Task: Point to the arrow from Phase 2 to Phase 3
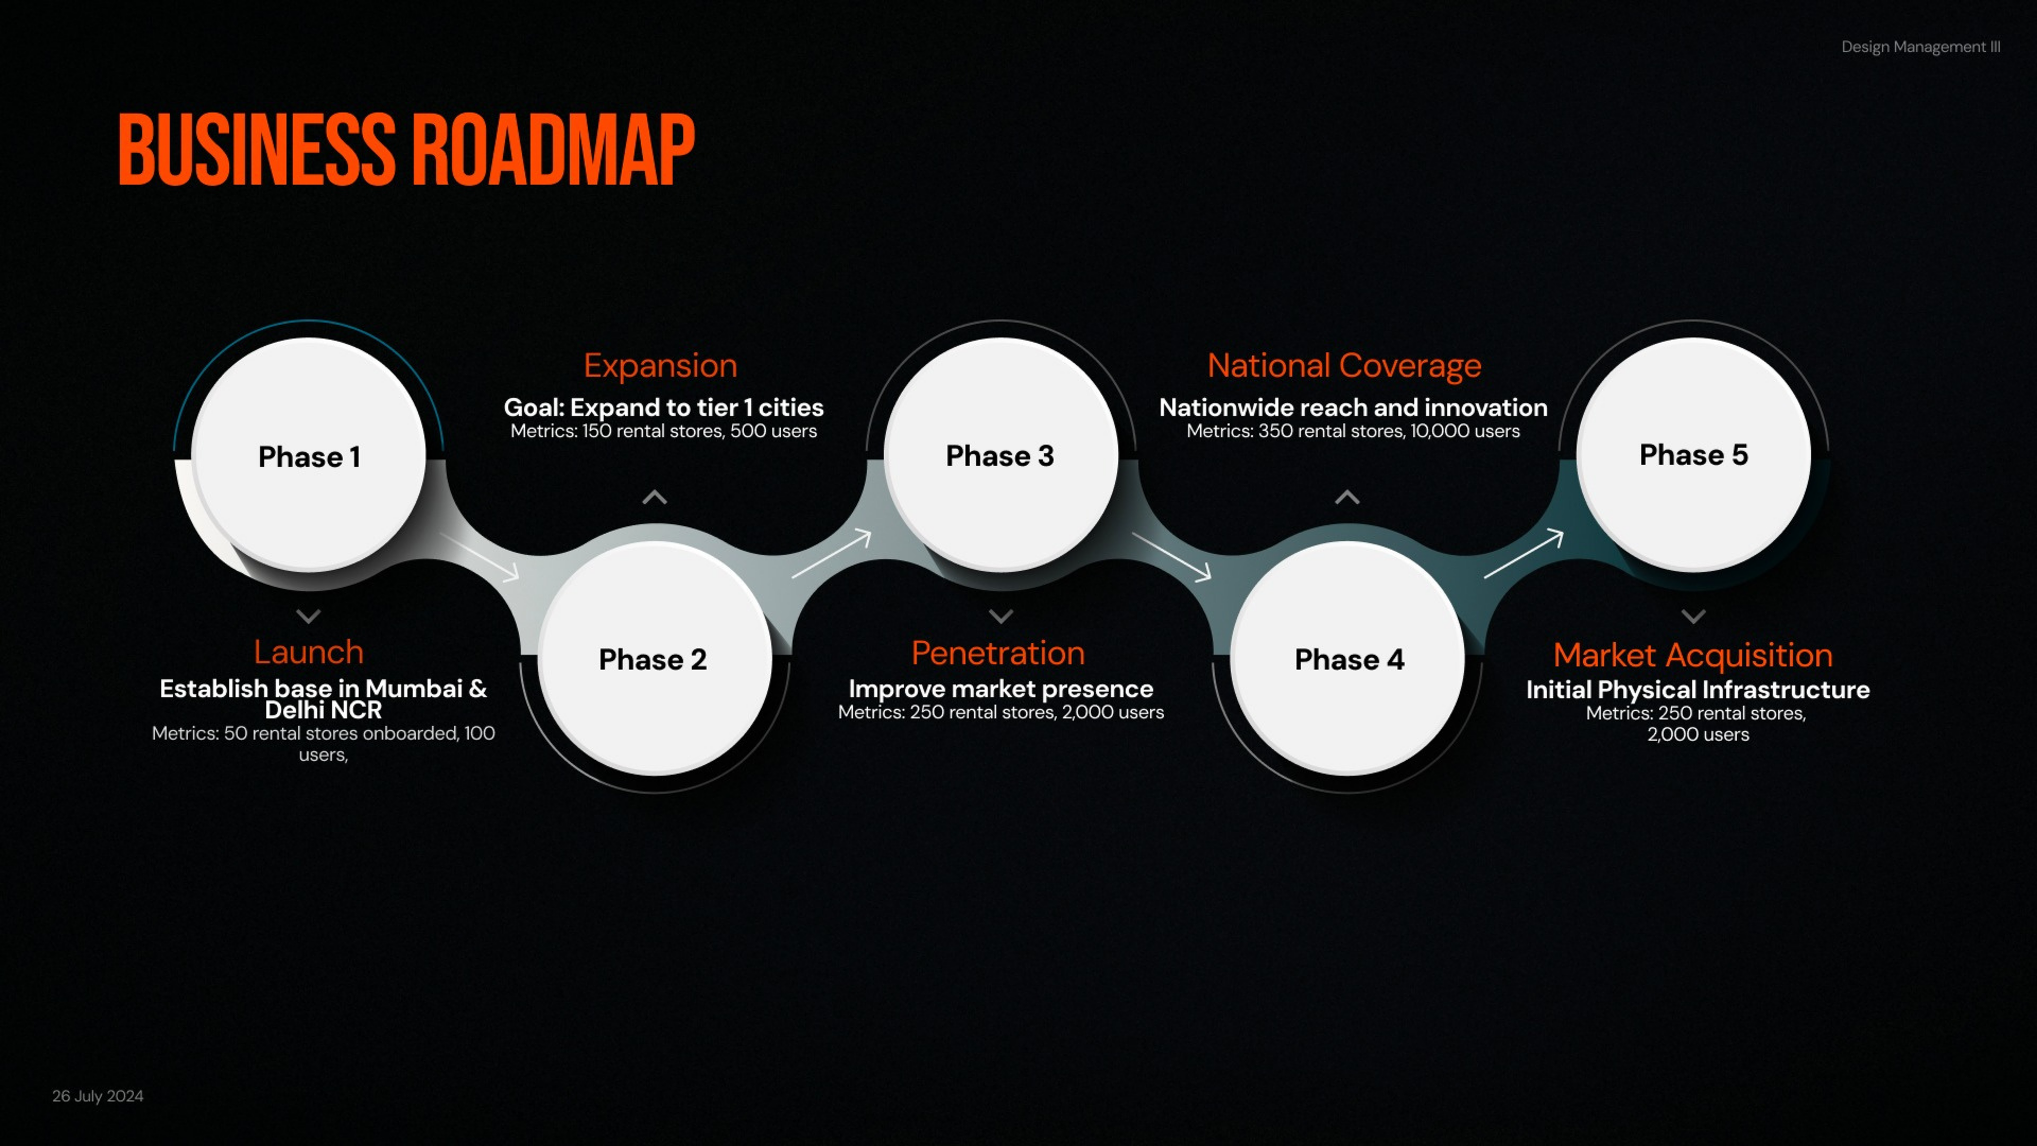pos(831,553)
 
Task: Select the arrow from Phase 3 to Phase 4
pos(1172,557)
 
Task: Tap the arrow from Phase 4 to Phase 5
pos(1523,553)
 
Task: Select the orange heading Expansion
pos(660,366)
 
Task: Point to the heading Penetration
pos(998,653)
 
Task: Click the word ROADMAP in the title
pos(553,150)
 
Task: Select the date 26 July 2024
pos(98,1096)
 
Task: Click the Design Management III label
pos(1921,47)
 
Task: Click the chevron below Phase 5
pos(1693,615)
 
